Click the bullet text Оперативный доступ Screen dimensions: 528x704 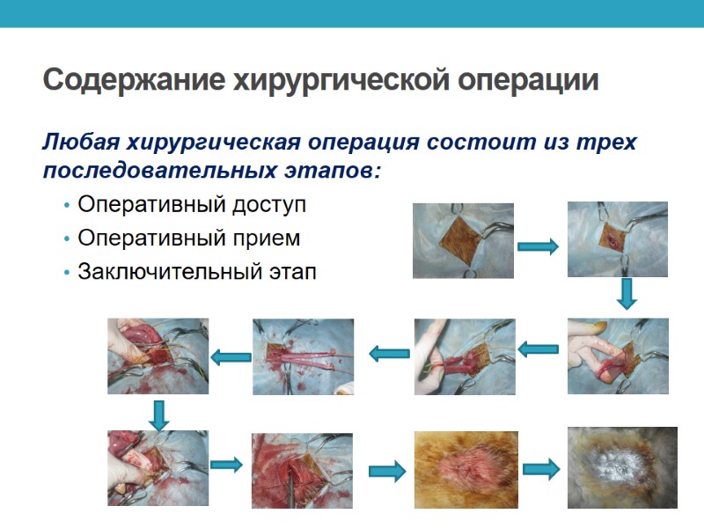[192, 205]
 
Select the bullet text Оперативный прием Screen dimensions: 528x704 [189, 238]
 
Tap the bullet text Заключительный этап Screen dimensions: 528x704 [196, 272]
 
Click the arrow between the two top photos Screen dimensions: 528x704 [538, 247]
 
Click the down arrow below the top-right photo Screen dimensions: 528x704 [626, 295]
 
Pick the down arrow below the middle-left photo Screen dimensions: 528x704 [158, 414]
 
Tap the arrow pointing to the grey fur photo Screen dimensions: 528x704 [541, 470]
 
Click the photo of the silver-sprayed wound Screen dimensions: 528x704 [622, 469]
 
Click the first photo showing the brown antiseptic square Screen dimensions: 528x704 [463, 240]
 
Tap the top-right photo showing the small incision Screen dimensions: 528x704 [617, 239]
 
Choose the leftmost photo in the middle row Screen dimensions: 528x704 [158, 356]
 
